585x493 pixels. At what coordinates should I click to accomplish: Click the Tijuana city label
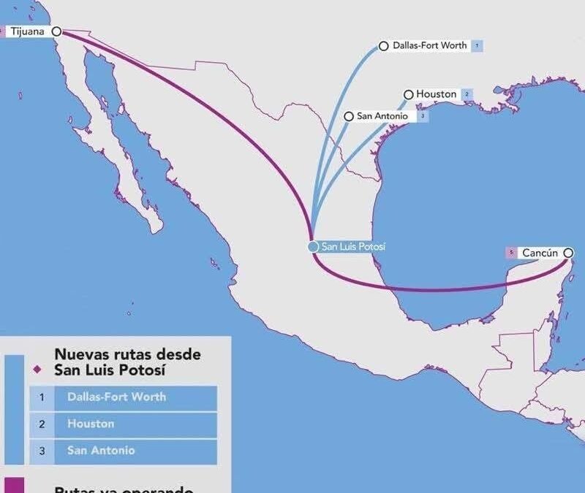coord(27,31)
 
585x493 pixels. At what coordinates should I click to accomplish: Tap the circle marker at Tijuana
coord(56,31)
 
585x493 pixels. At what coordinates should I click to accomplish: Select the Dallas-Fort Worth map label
coord(429,45)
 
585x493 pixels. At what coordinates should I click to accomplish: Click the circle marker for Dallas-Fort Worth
coord(384,46)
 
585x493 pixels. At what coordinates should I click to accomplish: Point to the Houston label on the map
coord(436,94)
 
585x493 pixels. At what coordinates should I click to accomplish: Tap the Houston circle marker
coord(409,94)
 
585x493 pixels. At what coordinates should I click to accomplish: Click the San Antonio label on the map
coord(382,116)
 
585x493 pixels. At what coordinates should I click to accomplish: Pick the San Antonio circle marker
coord(349,116)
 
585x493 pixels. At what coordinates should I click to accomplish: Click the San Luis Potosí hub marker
coord(313,247)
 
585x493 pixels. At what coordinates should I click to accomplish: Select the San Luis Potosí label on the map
coord(353,247)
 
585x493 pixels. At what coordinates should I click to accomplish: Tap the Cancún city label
coord(540,253)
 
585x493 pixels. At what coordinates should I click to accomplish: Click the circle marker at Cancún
coord(568,253)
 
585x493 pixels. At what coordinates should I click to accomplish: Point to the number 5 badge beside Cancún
coord(511,253)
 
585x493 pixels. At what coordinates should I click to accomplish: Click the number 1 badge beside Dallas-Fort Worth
coord(478,46)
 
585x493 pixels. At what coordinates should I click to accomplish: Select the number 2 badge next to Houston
coord(466,94)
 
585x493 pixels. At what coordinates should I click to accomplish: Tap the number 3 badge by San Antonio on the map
coord(423,116)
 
